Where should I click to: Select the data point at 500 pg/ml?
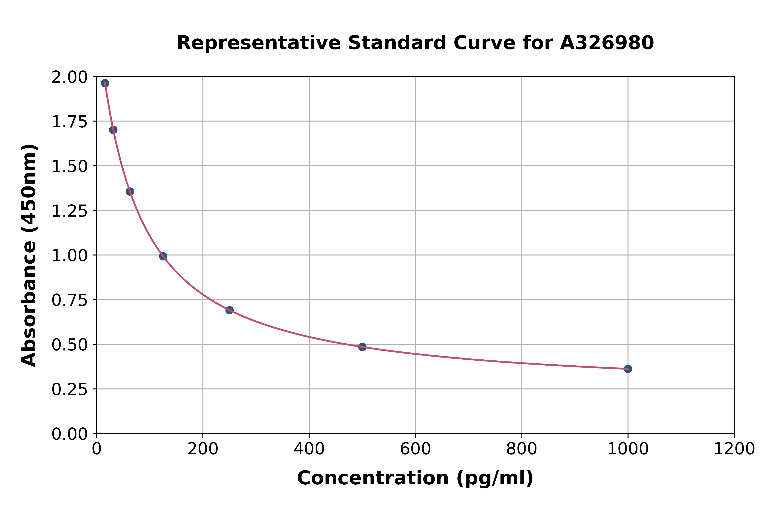[362, 347]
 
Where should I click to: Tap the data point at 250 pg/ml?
[229, 310]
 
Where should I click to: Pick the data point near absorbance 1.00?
[163, 256]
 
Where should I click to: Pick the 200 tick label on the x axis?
[203, 449]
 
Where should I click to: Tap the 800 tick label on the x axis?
[522, 449]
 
